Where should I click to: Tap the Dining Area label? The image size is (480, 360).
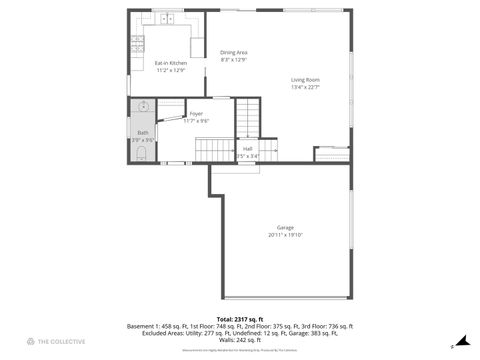(x=234, y=52)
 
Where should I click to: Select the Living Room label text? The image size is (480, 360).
(x=305, y=79)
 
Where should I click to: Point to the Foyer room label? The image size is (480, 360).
(x=196, y=113)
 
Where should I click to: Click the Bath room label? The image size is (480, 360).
(x=143, y=133)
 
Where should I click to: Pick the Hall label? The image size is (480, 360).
(x=247, y=149)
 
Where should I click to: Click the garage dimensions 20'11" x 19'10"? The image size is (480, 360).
(x=285, y=235)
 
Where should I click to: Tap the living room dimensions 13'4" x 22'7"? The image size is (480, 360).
(x=305, y=87)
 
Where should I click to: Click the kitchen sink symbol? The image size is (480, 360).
(x=167, y=18)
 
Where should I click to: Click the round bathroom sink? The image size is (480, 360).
(x=143, y=106)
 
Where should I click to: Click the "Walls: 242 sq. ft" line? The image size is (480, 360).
(x=240, y=340)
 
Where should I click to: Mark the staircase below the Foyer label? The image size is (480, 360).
(x=213, y=150)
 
